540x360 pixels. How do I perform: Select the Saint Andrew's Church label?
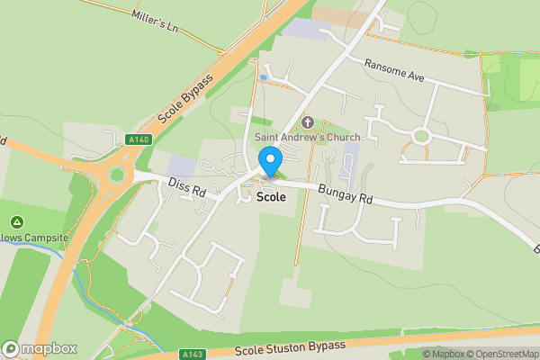tap(307, 137)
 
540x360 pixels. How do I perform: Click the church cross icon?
tap(307, 121)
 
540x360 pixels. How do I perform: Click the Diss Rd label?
tap(187, 187)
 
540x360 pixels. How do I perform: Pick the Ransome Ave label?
tap(393, 70)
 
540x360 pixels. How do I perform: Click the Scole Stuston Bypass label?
tap(289, 347)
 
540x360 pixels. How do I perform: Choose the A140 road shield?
tap(138, 139)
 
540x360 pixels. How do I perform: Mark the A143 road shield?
tap(192, 354)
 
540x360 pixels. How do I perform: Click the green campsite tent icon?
tap(16, 221)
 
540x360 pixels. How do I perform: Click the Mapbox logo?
tap(40, 348)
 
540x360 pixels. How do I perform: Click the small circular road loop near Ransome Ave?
tap(420, 137)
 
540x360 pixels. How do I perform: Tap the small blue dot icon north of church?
tap(263, 78)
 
